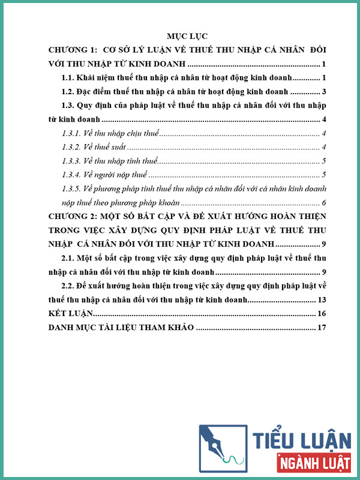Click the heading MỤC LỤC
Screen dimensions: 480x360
point(188,35)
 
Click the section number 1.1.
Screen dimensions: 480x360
point(71,77)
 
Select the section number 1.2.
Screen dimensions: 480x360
point(71,92)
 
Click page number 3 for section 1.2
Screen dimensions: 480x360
point(323,92)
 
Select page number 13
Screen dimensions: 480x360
point(321,299)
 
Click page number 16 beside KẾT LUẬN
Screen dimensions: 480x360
point(321,313)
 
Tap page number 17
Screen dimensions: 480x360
point(321,328)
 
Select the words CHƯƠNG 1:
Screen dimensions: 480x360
point(73,49)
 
